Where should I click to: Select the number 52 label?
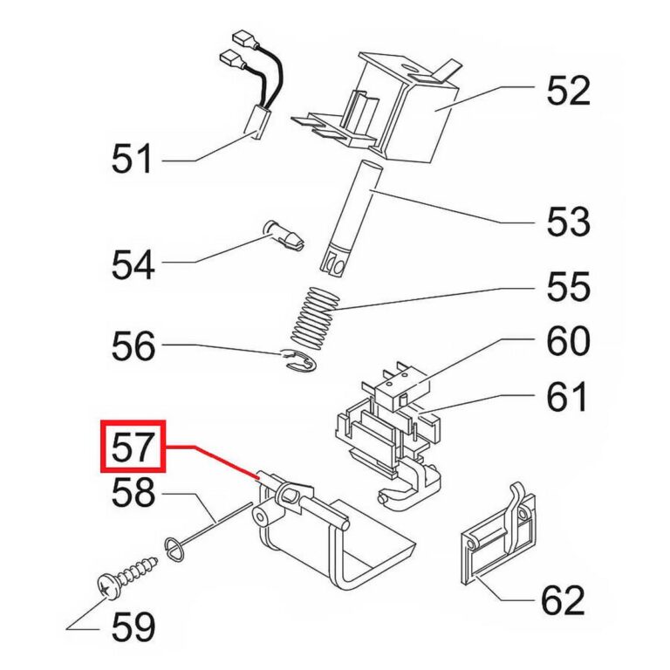pyautogui.click(x=568, y=90)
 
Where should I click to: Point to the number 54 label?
pyautogui.click(x=132, y=263)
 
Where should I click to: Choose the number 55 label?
pyautogui.click(x=568, y=286)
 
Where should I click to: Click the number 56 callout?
pyautogui.click(x=132, y=347)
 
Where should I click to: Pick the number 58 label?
pyautogui.click(x=132, y=495)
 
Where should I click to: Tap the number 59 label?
pyautogui.click(x=132, y=626)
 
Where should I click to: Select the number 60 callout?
pyautogui.click(x=568, y=341)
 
